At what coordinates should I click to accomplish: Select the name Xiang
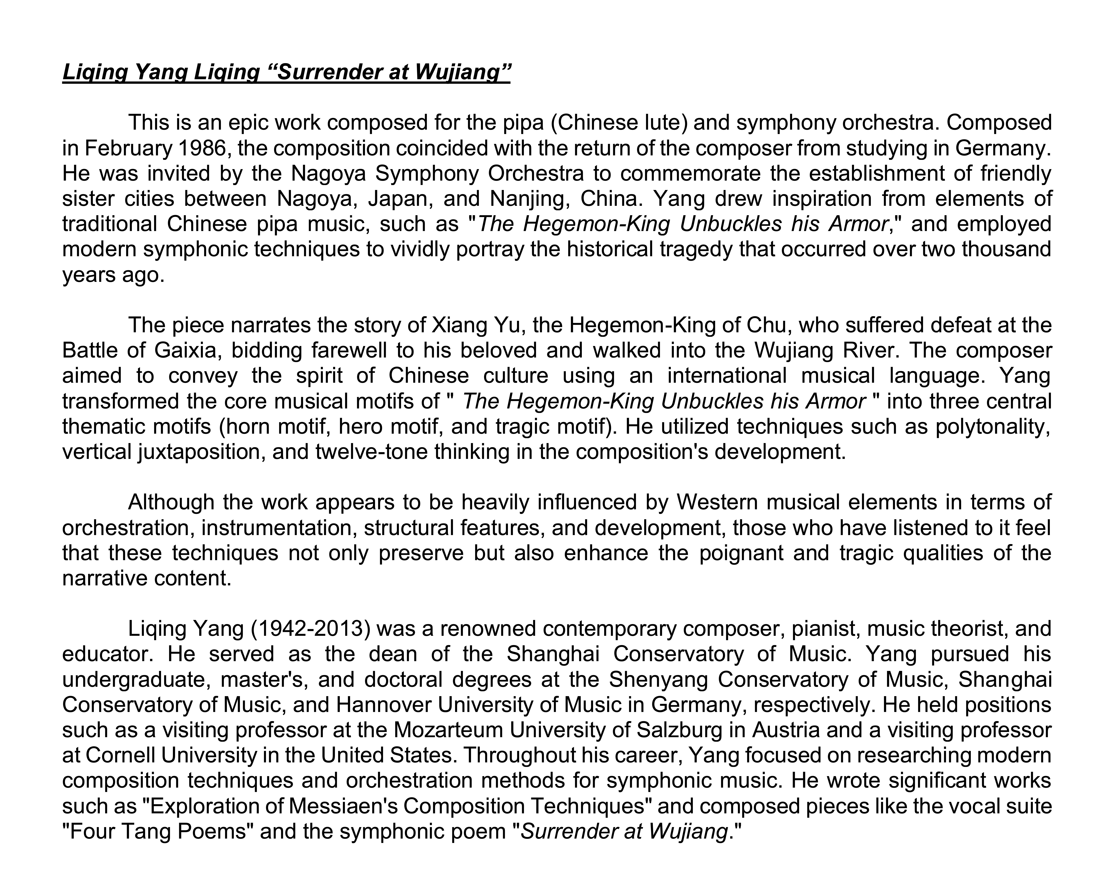[x=456, y=326]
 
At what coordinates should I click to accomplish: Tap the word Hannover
[x=383, y=705]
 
